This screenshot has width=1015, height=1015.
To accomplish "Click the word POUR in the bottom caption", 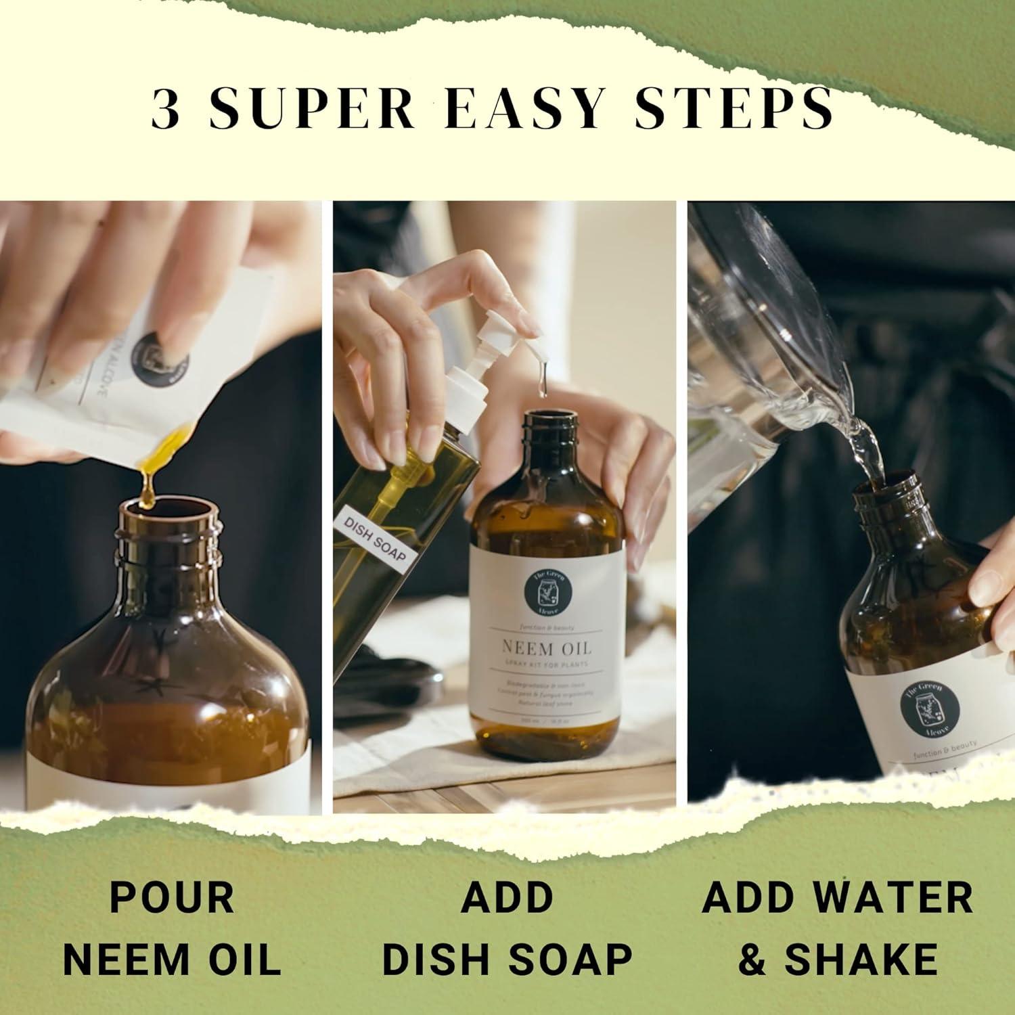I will click(172, 898).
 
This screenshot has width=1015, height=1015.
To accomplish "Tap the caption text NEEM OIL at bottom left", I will click(176, 959).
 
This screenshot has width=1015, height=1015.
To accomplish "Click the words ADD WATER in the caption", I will click(838, 898).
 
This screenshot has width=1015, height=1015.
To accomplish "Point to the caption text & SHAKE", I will click(838, 959).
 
